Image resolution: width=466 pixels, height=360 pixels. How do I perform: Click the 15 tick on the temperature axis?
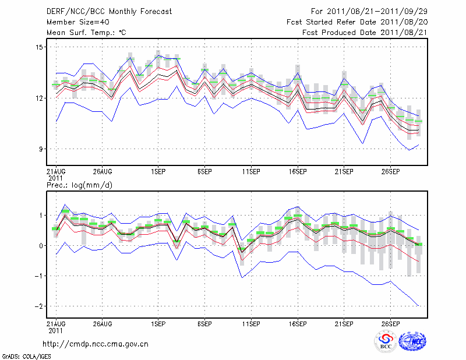(38, 47)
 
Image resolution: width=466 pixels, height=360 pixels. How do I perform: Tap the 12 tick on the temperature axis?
(38, 98)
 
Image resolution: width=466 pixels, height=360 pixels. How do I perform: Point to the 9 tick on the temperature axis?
(41, 149)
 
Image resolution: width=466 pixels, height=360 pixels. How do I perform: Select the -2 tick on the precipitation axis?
(38, 306)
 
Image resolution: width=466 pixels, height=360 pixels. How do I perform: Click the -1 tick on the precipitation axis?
(38, 276)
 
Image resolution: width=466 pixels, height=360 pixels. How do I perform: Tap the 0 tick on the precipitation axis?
(41, 246)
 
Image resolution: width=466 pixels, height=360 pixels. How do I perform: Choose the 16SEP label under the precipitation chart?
(298, 324)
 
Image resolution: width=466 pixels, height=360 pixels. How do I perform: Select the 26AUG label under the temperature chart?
(102, 172)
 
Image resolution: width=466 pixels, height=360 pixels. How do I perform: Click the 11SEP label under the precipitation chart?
(251, 324)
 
